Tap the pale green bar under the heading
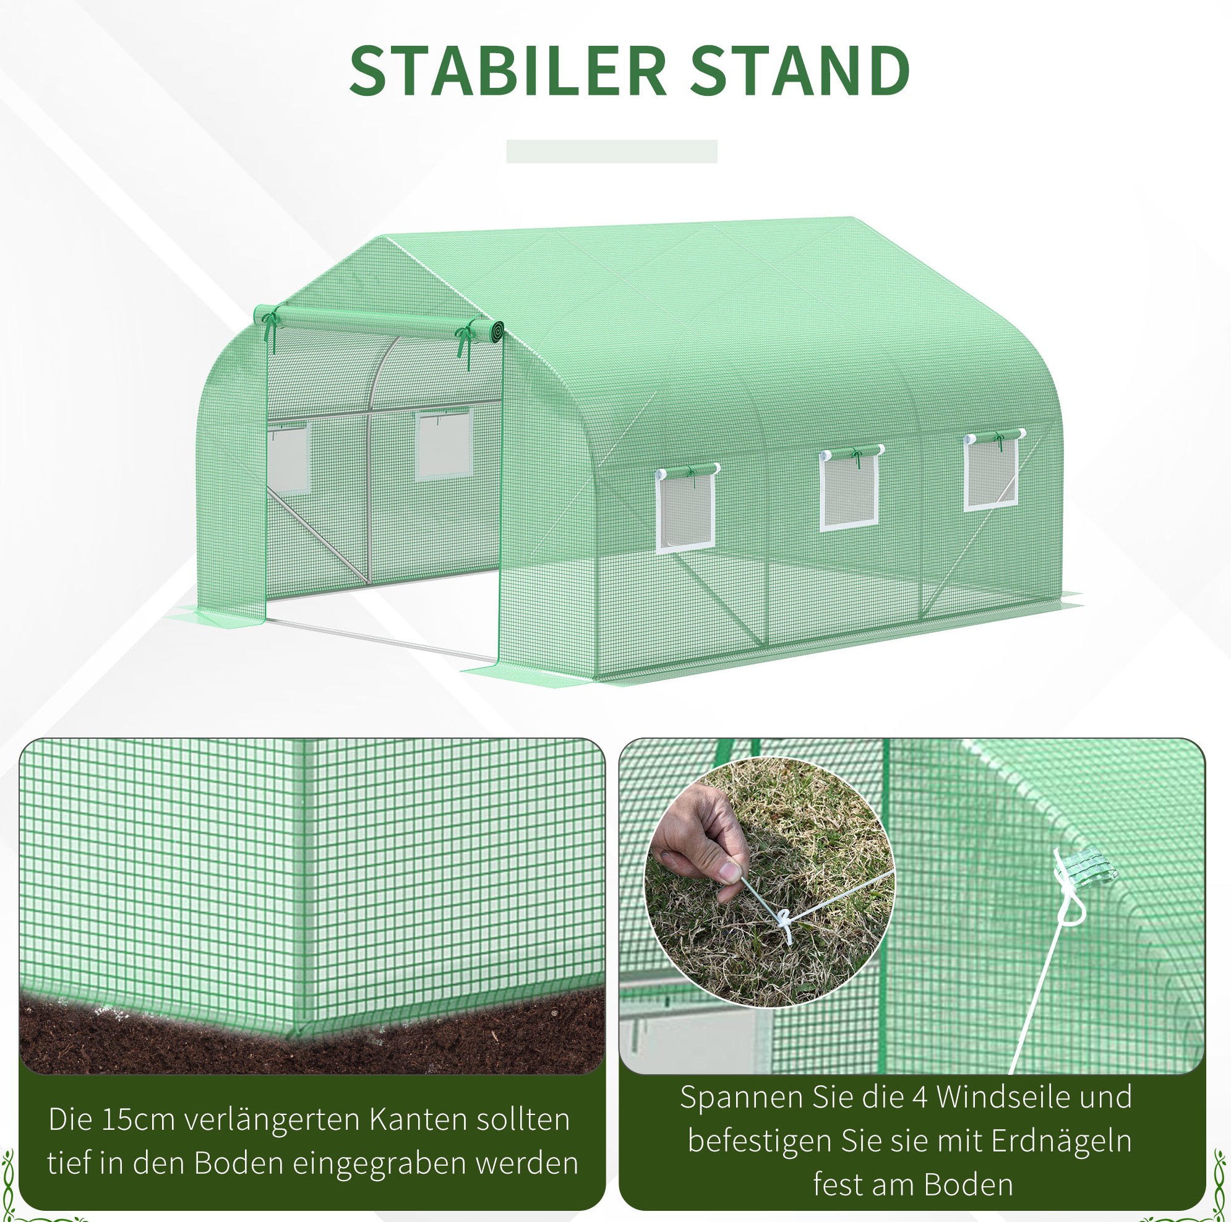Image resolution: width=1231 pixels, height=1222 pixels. pyautogui.click(x=612, y=151)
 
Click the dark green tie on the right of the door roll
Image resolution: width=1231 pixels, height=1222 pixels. pyautogui.click(x=466, y=344)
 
